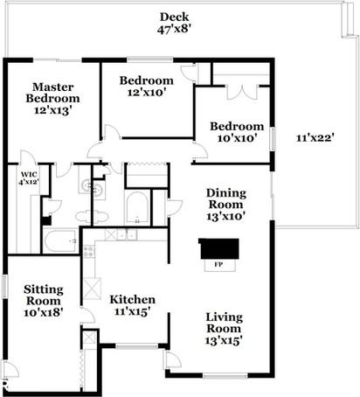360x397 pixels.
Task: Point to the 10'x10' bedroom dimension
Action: (x=236, y=138)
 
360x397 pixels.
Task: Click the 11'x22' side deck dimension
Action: (x=315, y=136)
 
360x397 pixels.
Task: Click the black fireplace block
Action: (x=218, y=248)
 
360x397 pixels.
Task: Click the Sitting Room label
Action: (x=43, y=293)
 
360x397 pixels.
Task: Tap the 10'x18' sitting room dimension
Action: (x=43, y=311)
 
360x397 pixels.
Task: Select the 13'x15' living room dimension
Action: (x=225, y=340)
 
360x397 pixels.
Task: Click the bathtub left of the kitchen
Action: (x=60, y=240)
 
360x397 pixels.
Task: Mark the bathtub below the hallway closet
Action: (x=137, y=208)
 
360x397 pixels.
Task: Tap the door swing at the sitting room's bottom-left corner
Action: (x=9, y=369)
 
